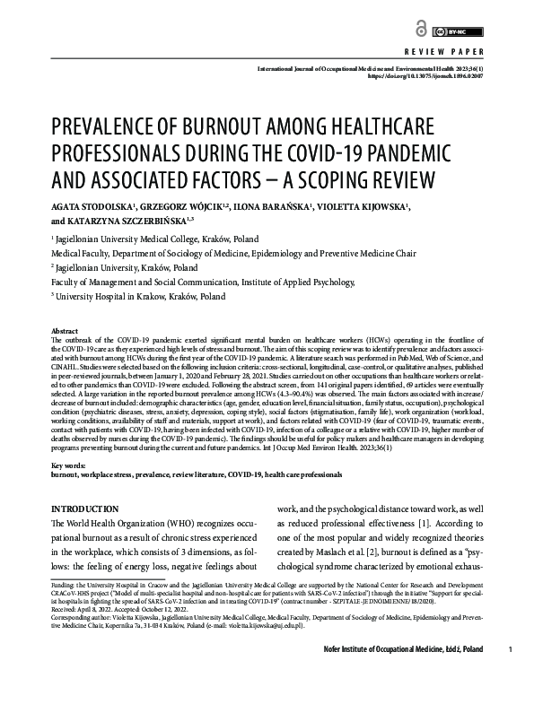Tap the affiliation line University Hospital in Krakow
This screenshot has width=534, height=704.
[140, 295]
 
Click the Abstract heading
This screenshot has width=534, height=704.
[65, 331]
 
